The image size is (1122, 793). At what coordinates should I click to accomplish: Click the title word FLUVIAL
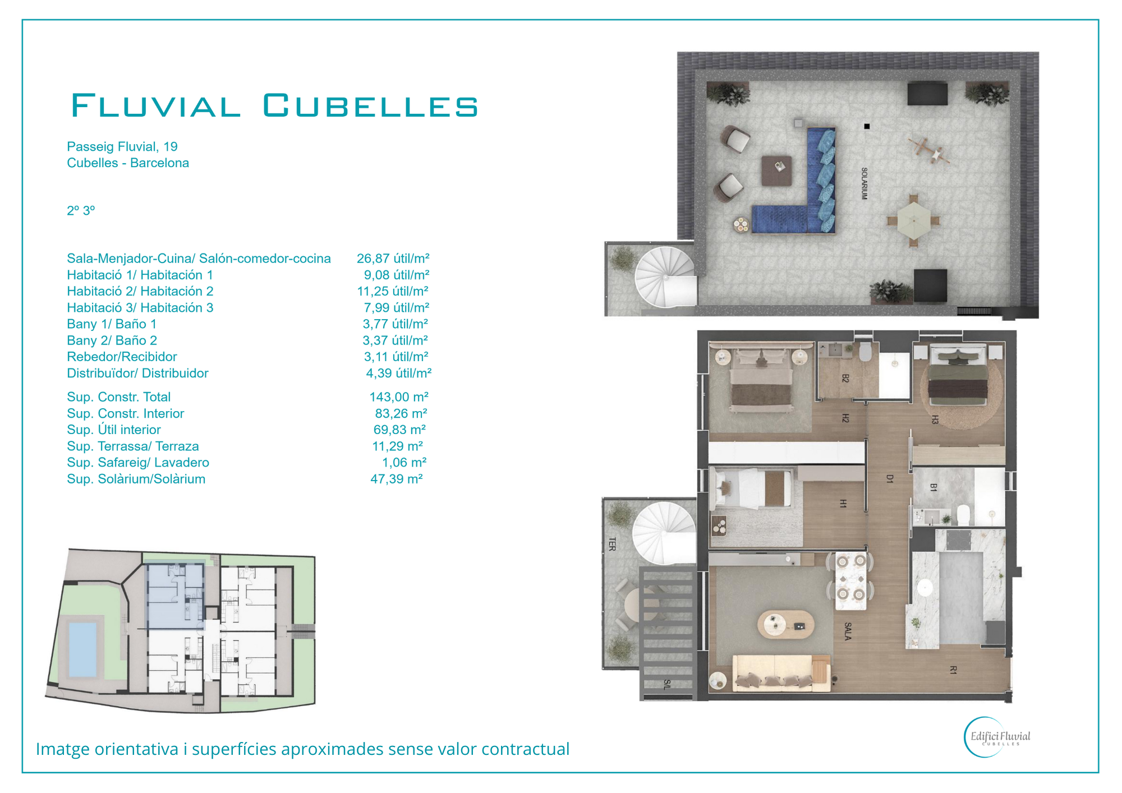click(156, 105)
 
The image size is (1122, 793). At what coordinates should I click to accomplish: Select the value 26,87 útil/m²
click(393, 259)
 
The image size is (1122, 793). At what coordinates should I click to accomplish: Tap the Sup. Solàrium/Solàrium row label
click(136, 479)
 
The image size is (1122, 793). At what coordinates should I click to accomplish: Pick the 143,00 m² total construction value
click(399, 397)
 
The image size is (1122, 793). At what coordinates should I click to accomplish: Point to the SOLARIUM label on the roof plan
click(865, 183)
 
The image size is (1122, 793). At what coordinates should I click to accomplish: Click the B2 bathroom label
click(845, 379)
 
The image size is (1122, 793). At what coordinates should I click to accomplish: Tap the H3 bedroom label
click(935, 419)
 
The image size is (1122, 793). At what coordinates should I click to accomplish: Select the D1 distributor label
click(890, 478)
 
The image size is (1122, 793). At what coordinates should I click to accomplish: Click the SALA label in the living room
click(848, 631)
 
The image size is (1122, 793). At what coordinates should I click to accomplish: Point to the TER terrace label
click(612, 544)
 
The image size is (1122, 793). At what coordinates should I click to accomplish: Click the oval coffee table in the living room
click(785, 624)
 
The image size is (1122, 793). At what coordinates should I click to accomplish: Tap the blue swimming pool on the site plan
click(82, 649)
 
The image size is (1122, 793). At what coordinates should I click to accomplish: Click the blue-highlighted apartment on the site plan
click(175, 596)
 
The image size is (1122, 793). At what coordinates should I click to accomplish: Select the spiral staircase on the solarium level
click(666, 277)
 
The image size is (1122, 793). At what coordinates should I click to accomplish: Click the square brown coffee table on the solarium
click(776, 171)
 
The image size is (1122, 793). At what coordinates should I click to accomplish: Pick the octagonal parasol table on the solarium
click(913, 220)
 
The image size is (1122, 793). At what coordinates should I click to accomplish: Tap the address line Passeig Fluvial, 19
click(122, 147)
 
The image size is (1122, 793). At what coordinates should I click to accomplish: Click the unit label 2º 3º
click(81, 211)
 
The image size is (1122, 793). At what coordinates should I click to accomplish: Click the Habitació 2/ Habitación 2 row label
click(140, 291)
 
